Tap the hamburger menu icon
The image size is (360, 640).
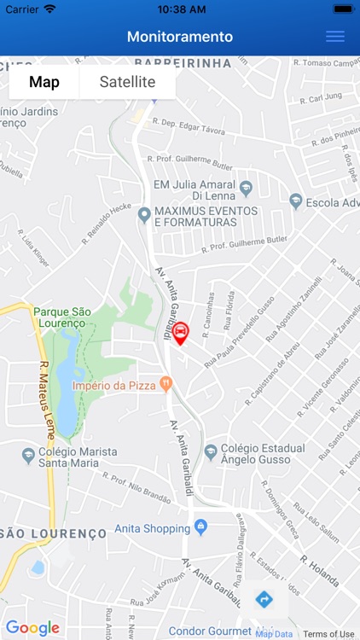click(x=335, y=37)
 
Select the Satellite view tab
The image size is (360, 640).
click(x=127, y=83)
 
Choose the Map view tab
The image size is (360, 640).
click(x=44, y=83)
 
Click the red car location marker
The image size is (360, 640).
click(x=181, y=332)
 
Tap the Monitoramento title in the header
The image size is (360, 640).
click(x=180, y=37)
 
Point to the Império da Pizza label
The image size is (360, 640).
click(x=114, y=386)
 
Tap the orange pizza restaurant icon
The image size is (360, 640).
click(x=166, y=386)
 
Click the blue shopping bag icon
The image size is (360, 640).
click(x=200, y=527)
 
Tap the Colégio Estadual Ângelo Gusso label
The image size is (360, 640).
click(x=262, y=454)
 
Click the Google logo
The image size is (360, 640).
click(x=32, y=629)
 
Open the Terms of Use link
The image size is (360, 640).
click(x=328, y=634)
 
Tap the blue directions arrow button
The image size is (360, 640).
click(x=264, y=599)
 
